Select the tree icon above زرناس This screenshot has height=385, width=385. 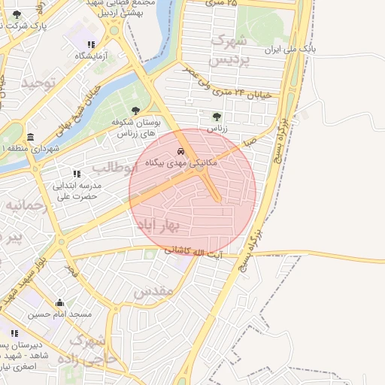pyautogui.click(x=217, y=117)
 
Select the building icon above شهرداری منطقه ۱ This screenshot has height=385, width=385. pyautogui.click(x=30, y=137)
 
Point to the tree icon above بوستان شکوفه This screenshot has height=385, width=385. pyautogui.click(x=135, y=111)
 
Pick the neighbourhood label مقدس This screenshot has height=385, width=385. pyautogui.click(x=153, y=290)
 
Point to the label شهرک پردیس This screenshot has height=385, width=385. pyautogui.click(x=229, y=49)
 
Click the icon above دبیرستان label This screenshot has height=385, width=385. pyautogui.click(x=14, y=333)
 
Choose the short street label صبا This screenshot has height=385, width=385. pyautogui.click(x=249, y=141)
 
